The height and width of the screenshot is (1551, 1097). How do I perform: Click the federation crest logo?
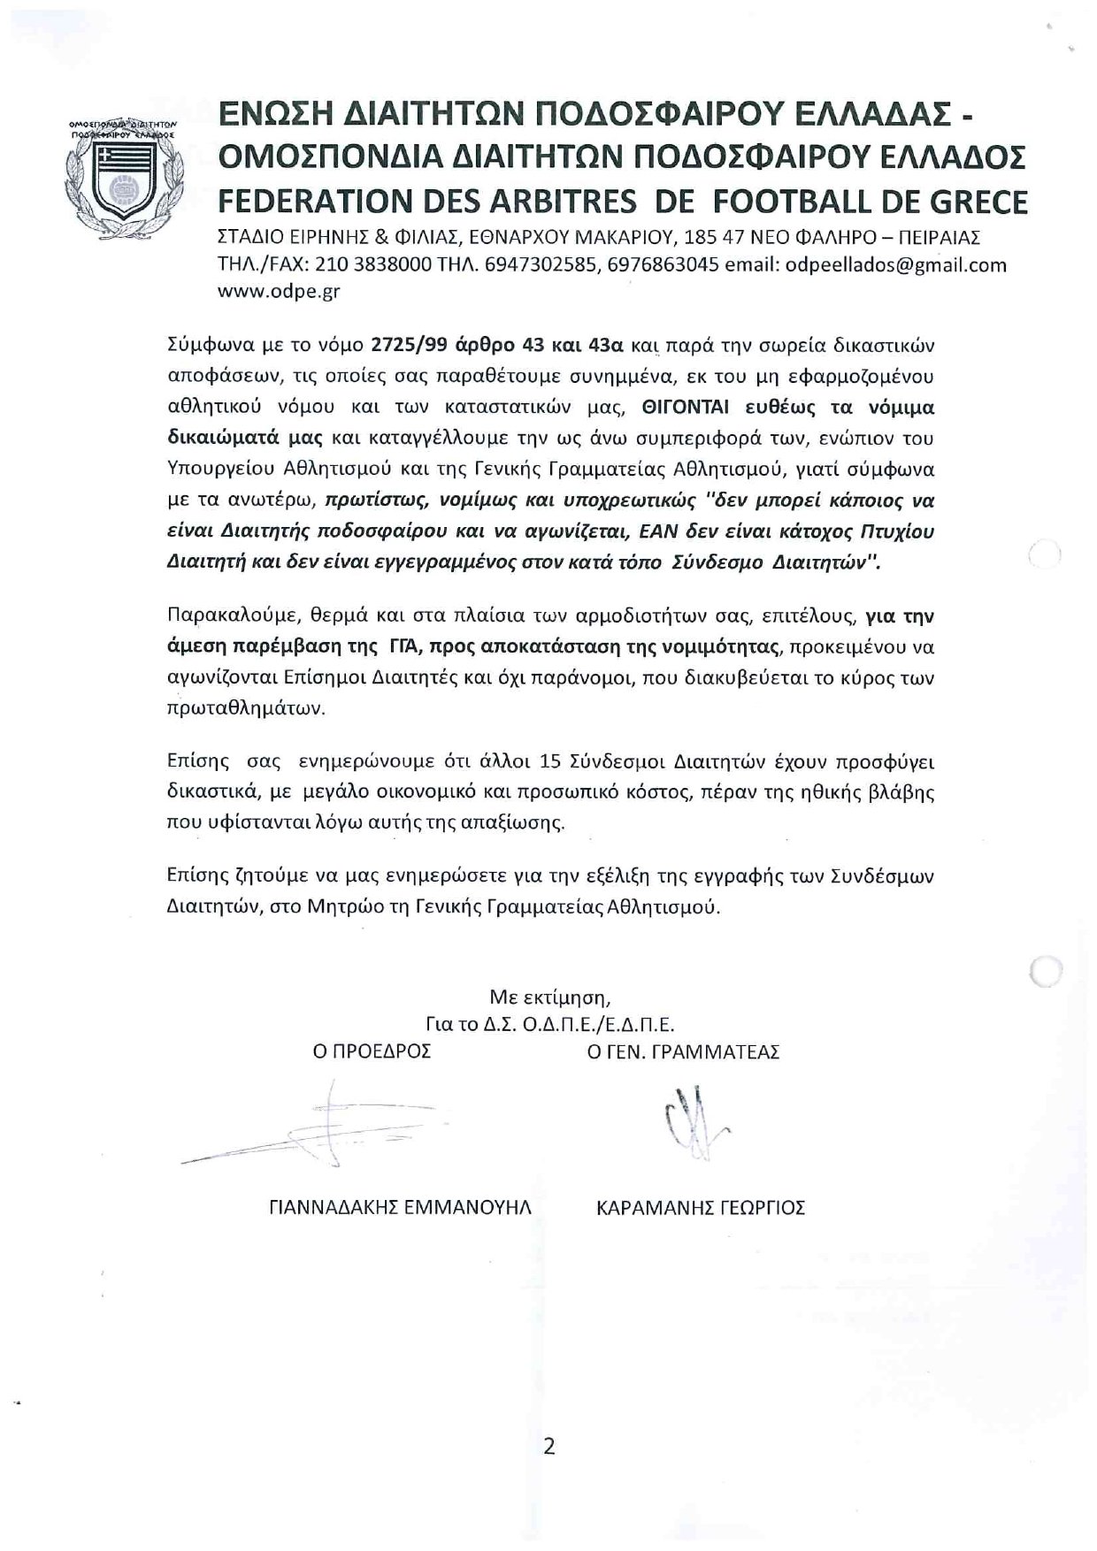(x=123, y=178)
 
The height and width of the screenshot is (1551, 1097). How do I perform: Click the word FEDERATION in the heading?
(x=309, y=202)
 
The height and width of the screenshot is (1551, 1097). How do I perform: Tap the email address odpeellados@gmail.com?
(x=896, y=264)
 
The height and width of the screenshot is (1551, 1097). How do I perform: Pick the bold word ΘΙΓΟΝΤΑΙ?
(x=691, y=408)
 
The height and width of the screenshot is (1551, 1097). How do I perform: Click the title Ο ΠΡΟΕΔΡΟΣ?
(x=378, y=1051)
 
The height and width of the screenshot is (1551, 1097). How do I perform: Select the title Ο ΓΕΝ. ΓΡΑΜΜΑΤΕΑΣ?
(x=684, y=1051)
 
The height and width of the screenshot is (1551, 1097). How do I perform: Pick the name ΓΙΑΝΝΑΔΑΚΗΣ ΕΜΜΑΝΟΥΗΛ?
(x=400, y=1207)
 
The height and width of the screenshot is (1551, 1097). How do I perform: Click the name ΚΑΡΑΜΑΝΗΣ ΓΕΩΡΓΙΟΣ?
(x=702, y=1207)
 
